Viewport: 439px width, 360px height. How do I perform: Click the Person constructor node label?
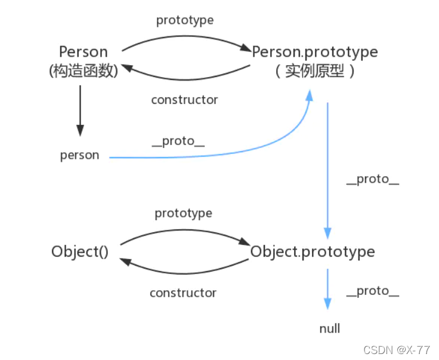click(x=84, y=51)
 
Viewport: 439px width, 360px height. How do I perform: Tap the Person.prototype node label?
click(x=315, y=52)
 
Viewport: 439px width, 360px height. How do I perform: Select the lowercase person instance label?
click(x=79, y=155)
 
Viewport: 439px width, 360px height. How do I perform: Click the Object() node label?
click(x=80, y=251)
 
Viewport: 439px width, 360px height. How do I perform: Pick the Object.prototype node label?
click(x=313, y=251)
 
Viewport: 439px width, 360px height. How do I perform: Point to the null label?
click(x=329, y=328)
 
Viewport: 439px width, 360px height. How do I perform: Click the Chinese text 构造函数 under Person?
click(x=84, y=70)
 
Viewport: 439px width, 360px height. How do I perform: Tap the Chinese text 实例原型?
click(x=314, y=72)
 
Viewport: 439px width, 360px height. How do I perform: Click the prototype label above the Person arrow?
click(x=185, y=20)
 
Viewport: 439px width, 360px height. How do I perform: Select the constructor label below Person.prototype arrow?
click(x=184, y=100)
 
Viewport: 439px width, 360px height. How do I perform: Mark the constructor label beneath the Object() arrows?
click(x=183, y=293)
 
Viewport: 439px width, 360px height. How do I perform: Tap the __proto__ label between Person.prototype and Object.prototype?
click(x=372, y=179)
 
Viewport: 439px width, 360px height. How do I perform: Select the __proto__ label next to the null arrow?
click(x=372, y=291)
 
